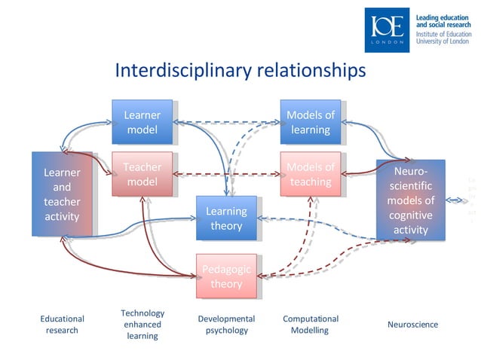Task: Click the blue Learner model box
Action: [x=142, y=122]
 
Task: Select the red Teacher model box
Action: [x=142, y=174]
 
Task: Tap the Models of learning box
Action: [x=310, y=122]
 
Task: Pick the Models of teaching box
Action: [x=310, y=174]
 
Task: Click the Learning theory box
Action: [x=225, y=218]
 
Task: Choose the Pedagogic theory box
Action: [x=225, y=276]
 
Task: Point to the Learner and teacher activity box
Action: [x=62, y=194]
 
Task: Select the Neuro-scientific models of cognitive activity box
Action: [x=410, y=200]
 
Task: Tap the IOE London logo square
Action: [x=388, y=30]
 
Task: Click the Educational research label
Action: [x=62, y=325]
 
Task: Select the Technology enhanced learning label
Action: [x=142, y=325]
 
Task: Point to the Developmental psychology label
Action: [x=226, y=325]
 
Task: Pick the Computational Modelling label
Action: [x=310, y=325]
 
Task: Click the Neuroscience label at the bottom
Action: [x=412, y=325]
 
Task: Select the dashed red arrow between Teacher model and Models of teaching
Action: [x=225, y=174]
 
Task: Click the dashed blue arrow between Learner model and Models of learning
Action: [x=225, y=121]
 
